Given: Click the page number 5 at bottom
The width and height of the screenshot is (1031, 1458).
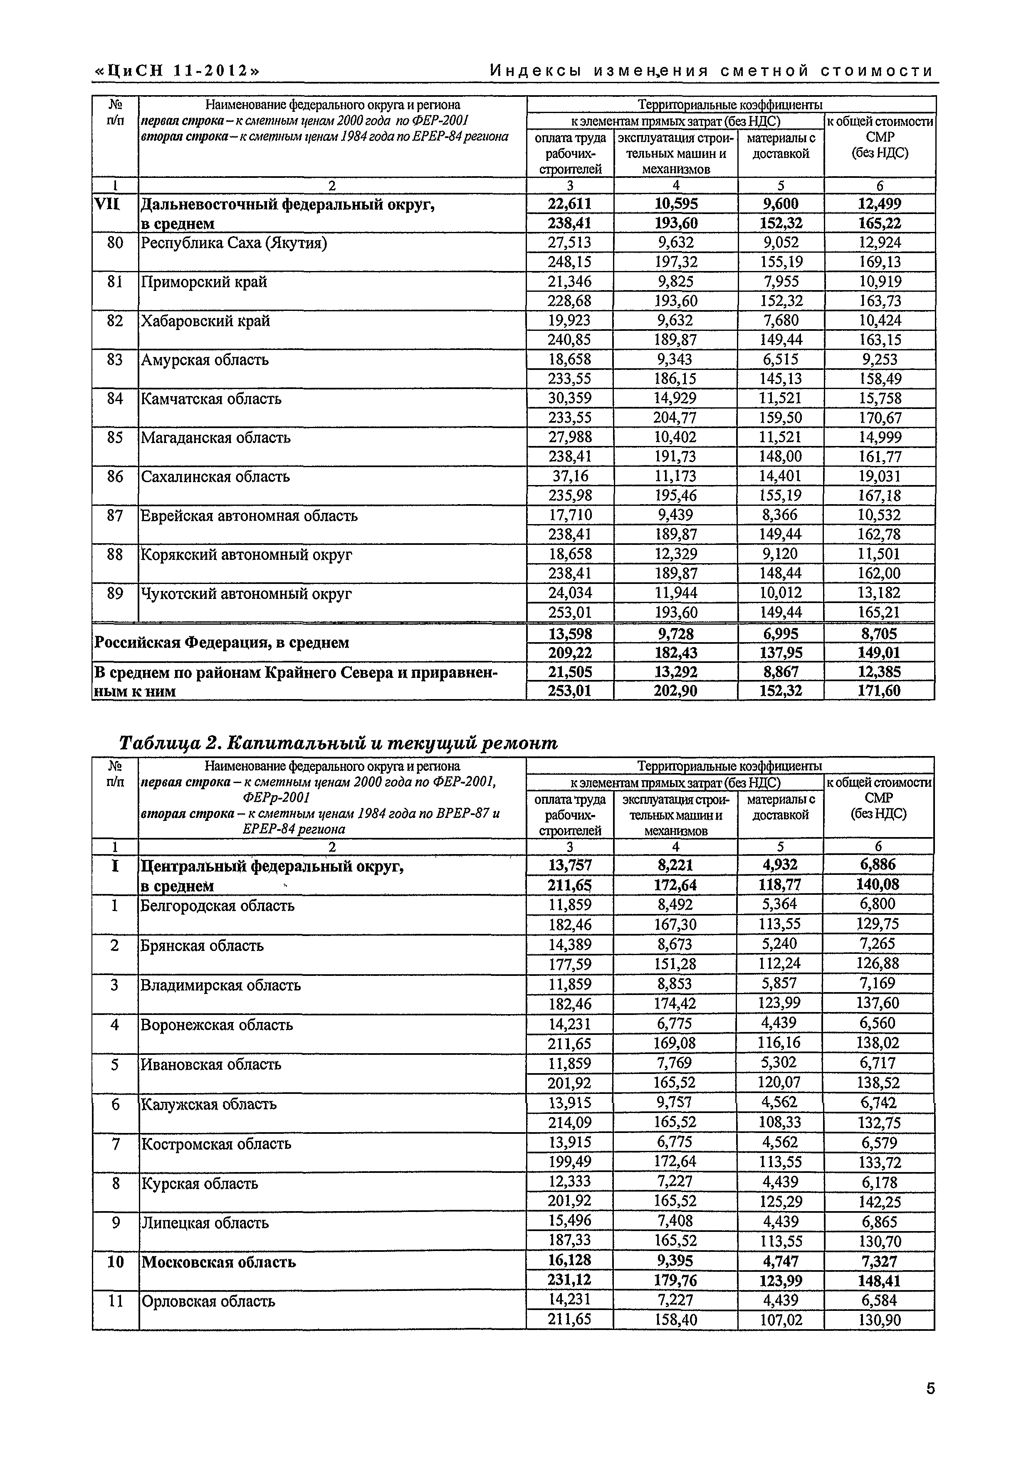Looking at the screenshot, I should pos(930,1389).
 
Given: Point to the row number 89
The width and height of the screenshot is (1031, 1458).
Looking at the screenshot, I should pos(115,593).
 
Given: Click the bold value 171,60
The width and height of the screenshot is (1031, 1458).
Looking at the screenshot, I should pos(879,690).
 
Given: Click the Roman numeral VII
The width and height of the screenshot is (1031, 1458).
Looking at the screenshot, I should pos(107,204).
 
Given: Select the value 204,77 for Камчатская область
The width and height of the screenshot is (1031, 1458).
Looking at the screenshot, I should pos(675,417).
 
